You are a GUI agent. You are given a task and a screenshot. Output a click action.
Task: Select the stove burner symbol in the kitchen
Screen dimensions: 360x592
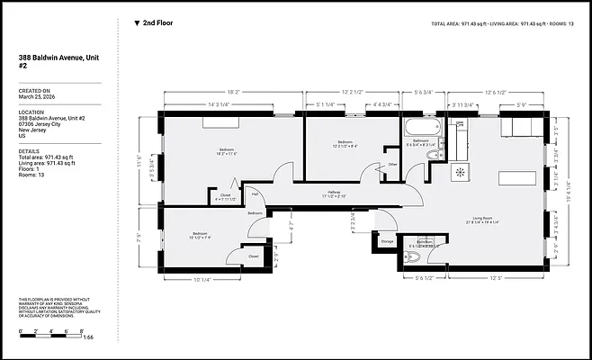coord(462,171)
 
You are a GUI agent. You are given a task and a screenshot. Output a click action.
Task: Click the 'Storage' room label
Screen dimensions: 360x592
coord(387,241)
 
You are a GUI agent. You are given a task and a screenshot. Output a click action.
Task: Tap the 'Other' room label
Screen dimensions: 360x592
coord(392,165)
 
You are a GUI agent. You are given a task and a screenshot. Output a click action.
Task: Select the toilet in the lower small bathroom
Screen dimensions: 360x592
coord(413,259)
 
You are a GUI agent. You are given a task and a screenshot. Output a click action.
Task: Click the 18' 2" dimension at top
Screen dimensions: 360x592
coord(231,92)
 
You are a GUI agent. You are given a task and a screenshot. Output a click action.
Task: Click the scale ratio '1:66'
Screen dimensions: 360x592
coord(87,337)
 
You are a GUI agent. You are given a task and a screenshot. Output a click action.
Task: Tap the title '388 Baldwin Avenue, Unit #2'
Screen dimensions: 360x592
coord(53,60)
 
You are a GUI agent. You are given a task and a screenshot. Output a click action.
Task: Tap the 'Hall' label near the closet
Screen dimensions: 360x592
coord(255,193)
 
